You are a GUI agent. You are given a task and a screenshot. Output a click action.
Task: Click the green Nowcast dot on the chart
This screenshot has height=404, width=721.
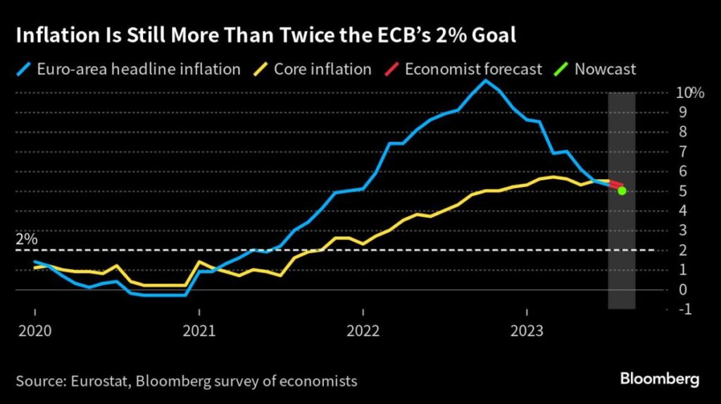coord(622,190)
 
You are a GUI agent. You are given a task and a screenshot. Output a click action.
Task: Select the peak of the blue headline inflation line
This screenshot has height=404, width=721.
coord(484,81)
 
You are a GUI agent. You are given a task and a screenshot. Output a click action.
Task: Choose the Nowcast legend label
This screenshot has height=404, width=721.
coord(605,69)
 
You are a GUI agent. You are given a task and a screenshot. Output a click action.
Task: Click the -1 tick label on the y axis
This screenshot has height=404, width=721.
coord(684,309)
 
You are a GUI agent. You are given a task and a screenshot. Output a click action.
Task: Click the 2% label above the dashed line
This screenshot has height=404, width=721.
coord(26,239)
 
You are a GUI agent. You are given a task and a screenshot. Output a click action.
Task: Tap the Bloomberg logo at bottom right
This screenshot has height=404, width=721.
coord(660,380)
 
